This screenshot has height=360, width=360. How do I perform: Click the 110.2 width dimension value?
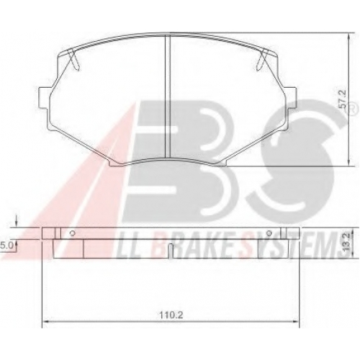click(171, 315)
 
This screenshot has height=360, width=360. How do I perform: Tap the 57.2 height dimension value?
click(343, 99)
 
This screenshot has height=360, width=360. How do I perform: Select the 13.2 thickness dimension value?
click(346, 243)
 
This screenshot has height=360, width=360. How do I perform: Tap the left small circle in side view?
click(72, 233)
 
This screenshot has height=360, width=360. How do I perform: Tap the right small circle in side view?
click(269, 233)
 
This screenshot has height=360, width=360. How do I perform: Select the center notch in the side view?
click(171, 251)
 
